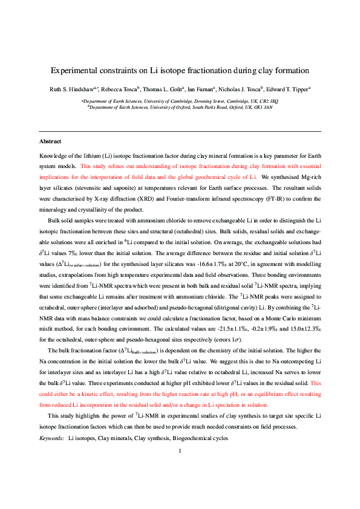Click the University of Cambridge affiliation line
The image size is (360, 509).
(x=180, y=100)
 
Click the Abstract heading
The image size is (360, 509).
(x=50, y=141)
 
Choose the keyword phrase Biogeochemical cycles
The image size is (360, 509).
(x=200, y=437)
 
